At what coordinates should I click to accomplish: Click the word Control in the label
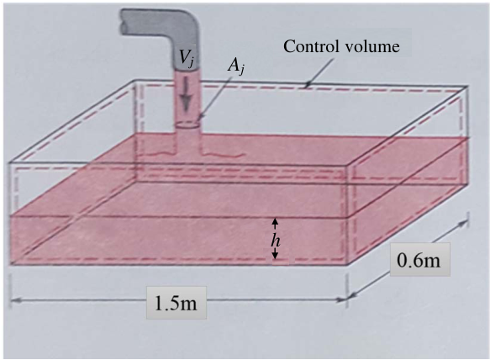[x=311, y=46]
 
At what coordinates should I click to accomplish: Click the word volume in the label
[x=371, y=46]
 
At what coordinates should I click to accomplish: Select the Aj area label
[x=235, y=67]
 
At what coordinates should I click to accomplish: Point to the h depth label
[x=276, y=241]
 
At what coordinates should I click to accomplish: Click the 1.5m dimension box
[x=177, y=303]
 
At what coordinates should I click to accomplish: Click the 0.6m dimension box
[x=419, y=259]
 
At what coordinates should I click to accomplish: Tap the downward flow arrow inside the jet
[x=186, y=94]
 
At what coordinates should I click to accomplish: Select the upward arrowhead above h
[x=275, y=222]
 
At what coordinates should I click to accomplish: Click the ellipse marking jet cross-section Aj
[x=187, y=124]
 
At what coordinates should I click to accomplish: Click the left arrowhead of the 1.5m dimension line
[x=16, y=300]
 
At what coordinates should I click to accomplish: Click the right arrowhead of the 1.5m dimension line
[x=341, y=300]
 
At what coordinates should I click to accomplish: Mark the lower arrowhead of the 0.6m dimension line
[x=352, y=295]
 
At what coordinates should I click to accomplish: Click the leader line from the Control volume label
[x=319, y=72]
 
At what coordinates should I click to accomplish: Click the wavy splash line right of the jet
[x=223, y=154]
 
